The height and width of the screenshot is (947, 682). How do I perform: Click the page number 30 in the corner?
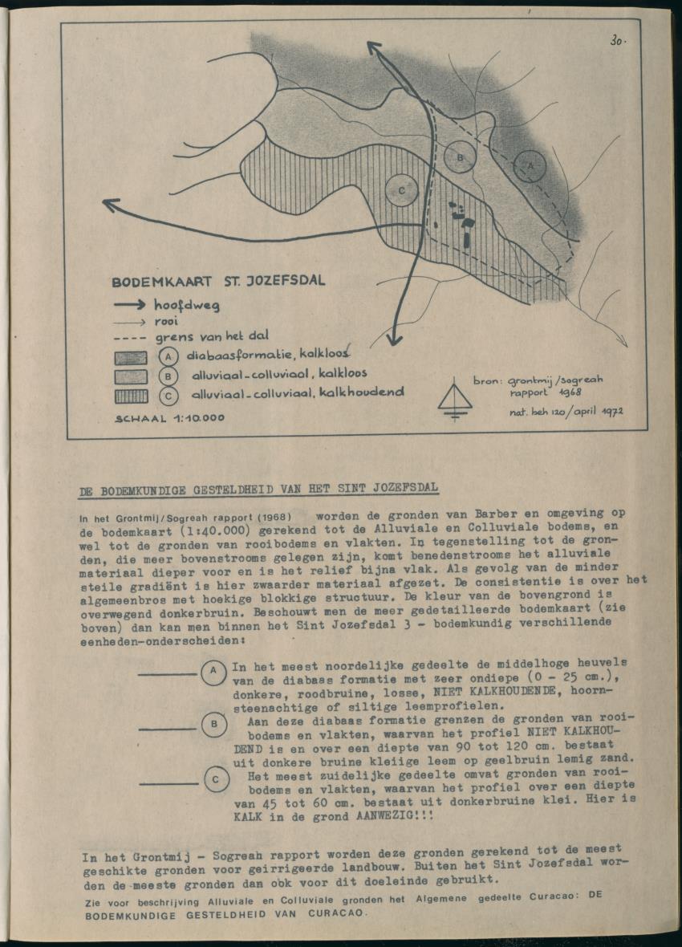coord(617,39)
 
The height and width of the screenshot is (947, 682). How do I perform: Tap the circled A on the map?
coord(530,163)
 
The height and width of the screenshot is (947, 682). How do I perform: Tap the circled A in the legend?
coord(168,356)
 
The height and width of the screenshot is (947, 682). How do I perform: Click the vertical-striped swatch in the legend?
coord(130,395)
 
